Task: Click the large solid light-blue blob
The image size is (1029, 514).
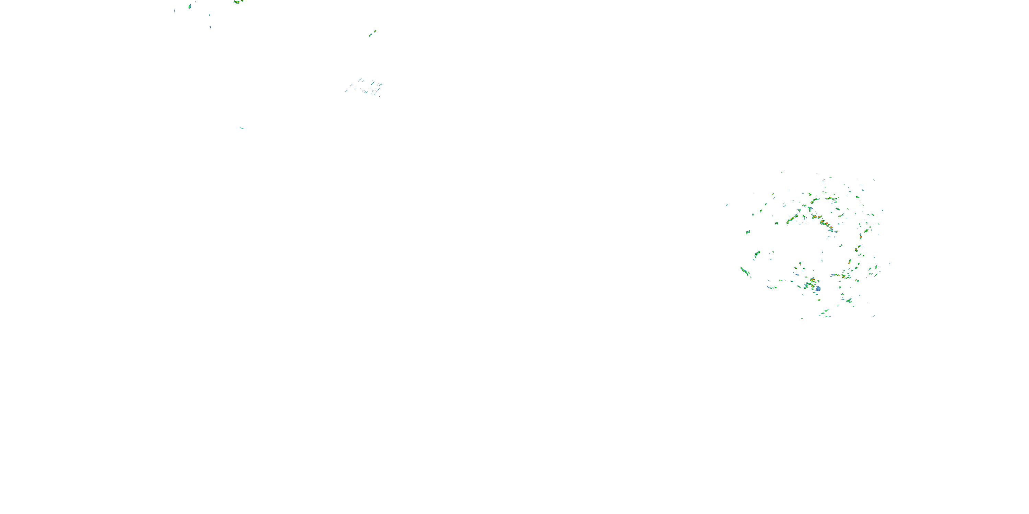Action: (818, 289)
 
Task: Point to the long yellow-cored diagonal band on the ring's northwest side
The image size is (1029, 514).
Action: (791, 220)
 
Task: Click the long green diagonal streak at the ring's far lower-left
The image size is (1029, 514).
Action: (744, 271)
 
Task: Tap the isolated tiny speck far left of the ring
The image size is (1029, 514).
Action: (726, 205)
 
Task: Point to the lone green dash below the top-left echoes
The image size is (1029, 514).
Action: (242, 128)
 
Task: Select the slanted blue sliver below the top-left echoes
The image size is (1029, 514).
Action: (211, 27)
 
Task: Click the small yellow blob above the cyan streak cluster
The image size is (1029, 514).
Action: (375, 31)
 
